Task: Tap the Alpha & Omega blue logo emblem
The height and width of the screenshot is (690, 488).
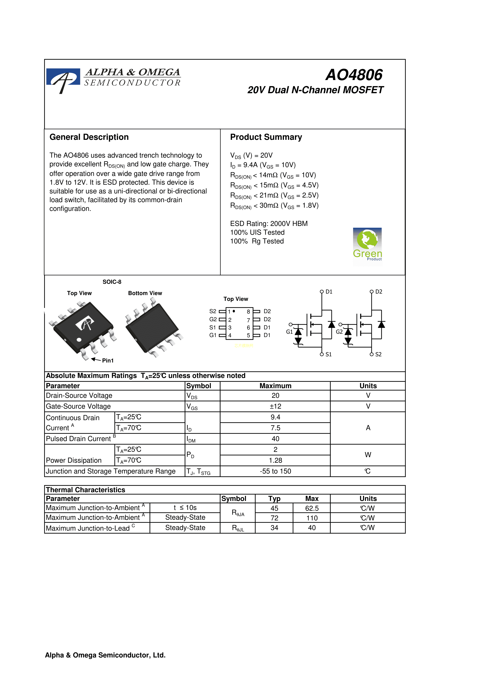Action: (63, 79)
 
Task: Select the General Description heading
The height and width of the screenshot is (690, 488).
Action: (89, 137)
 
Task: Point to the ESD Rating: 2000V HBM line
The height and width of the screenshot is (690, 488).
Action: (269, 224)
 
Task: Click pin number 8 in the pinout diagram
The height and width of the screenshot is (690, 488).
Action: (248, 312)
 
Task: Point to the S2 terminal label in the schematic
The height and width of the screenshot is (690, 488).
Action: (378, 355)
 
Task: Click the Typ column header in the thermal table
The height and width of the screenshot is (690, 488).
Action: (274, 498)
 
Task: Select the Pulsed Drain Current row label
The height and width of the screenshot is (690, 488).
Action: (79, 439)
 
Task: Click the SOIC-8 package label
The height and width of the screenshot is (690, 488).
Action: (112, 282)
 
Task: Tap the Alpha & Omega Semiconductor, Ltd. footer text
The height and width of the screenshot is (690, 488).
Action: (105, 655)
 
